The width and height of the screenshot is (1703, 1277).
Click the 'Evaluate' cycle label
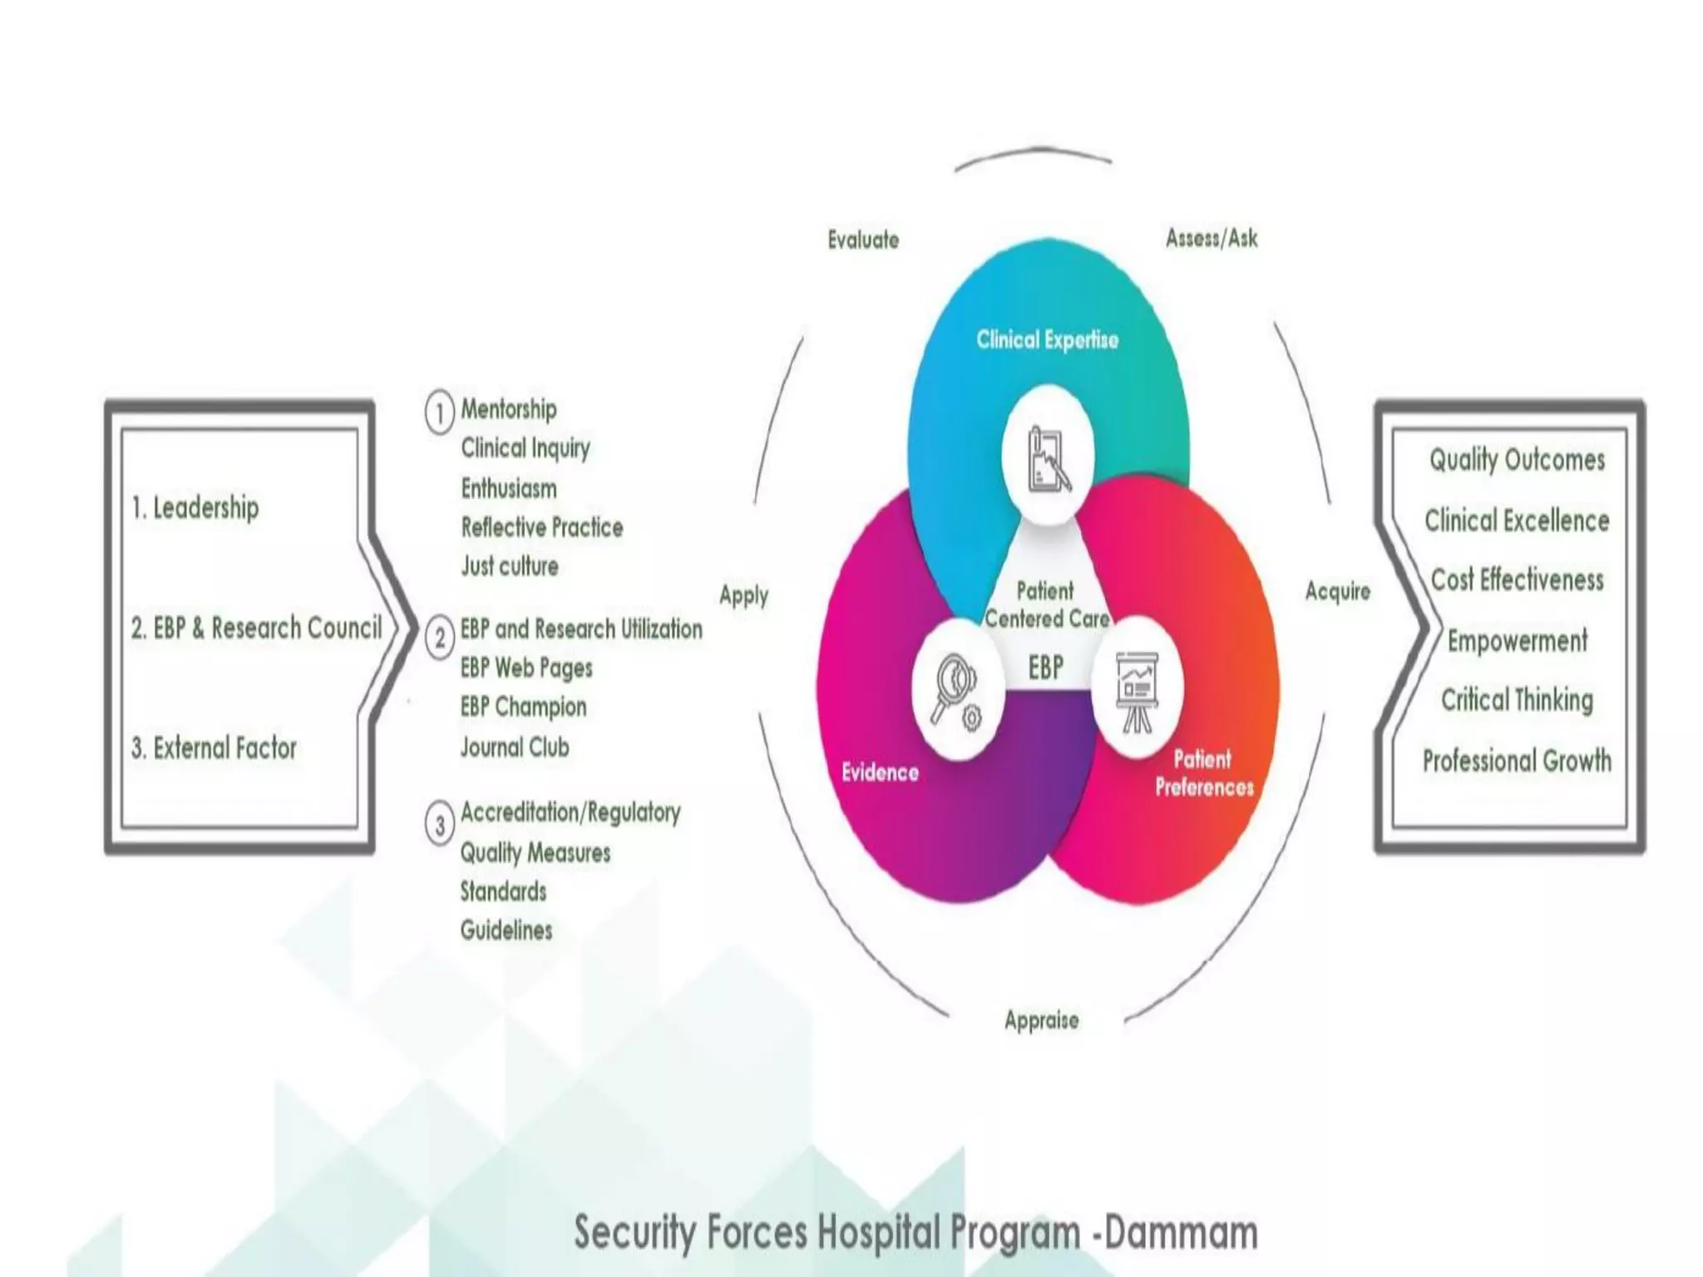(x=863, y=240)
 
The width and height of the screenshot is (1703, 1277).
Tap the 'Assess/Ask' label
(x=1211, y=239)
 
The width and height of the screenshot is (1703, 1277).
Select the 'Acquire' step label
(x=1337, y=591)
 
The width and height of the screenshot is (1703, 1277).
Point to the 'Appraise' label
(x=1041, y=1020)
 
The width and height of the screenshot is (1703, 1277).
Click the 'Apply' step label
(x=743, y=595)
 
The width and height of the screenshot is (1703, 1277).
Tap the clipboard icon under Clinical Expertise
(x=1048, y=458)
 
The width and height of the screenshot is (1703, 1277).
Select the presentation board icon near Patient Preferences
(x=1136, y=689)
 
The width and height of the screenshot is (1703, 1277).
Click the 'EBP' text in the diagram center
(x=1045, y=667)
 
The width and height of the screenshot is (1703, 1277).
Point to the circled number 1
(x=440, y=412)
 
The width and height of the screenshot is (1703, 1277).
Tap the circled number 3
(x=440, y=825)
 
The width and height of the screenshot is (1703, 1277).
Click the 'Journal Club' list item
(x=515, y=747)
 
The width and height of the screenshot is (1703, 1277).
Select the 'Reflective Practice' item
(x=541, y=527)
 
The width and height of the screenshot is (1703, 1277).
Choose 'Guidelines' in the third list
(x=506, y=930)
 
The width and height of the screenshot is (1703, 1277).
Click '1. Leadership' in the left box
(x=195, y=507)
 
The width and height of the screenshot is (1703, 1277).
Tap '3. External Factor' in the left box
(x=214, y=748)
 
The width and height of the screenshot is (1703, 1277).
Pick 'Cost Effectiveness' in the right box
(x=1517, y=579)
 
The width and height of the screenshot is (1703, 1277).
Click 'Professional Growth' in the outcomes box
(x=1517, y=761)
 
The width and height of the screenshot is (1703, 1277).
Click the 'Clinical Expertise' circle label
(x=1047, y=339)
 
